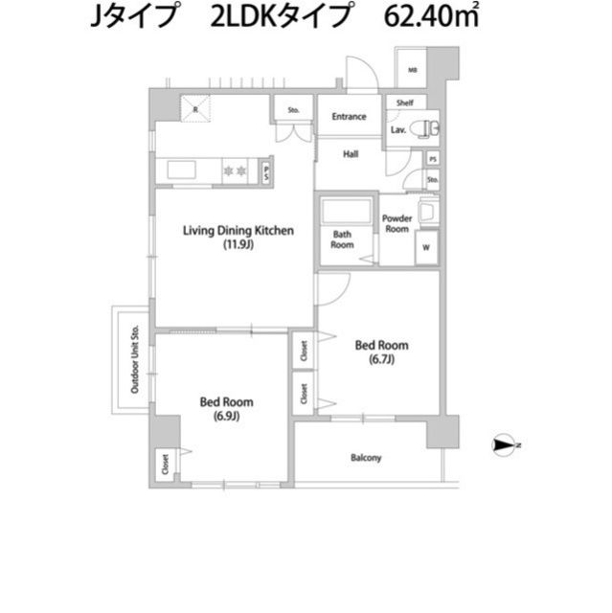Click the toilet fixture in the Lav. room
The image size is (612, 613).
427,126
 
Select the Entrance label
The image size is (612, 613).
349,117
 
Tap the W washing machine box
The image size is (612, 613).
426,248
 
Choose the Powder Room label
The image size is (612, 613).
397,223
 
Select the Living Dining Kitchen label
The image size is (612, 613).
238,230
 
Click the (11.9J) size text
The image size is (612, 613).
238,245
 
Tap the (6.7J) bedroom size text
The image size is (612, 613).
381,360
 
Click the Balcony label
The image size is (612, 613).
365,458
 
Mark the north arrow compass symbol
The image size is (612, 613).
505,445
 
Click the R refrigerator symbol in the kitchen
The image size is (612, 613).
196,108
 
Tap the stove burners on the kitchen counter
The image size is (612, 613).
236,170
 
